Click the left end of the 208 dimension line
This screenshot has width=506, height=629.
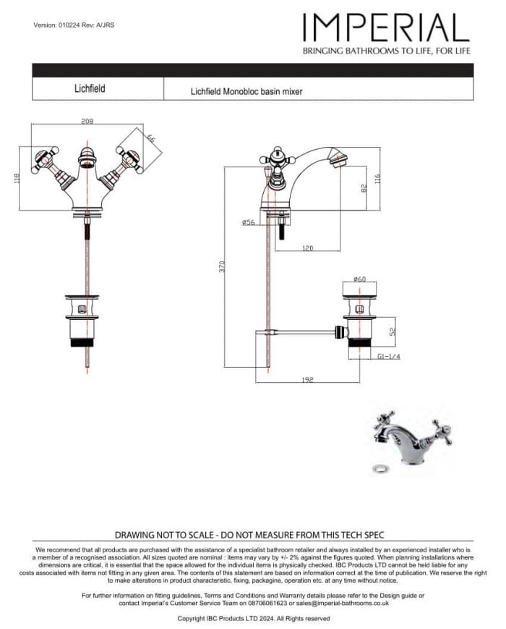click(31, 124)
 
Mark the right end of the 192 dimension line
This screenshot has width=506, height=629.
click(361, 383)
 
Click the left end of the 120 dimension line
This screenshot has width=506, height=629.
click(275, 251)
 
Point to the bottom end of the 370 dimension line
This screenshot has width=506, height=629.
click(224, 366)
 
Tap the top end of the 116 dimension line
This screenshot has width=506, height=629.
click(380, 148)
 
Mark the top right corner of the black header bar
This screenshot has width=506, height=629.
click(473, 64)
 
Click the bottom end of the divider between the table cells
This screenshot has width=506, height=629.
click(163, 99)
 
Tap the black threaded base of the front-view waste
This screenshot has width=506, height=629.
click(82, 342)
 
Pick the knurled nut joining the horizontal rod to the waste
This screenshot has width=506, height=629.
click(341, 332)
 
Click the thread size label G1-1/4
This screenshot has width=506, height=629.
click(389, 356)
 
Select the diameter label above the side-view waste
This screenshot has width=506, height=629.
click(359, 279)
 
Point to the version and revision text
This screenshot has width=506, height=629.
click(74, 25)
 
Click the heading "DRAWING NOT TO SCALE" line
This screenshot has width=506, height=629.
click(249, 535)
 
